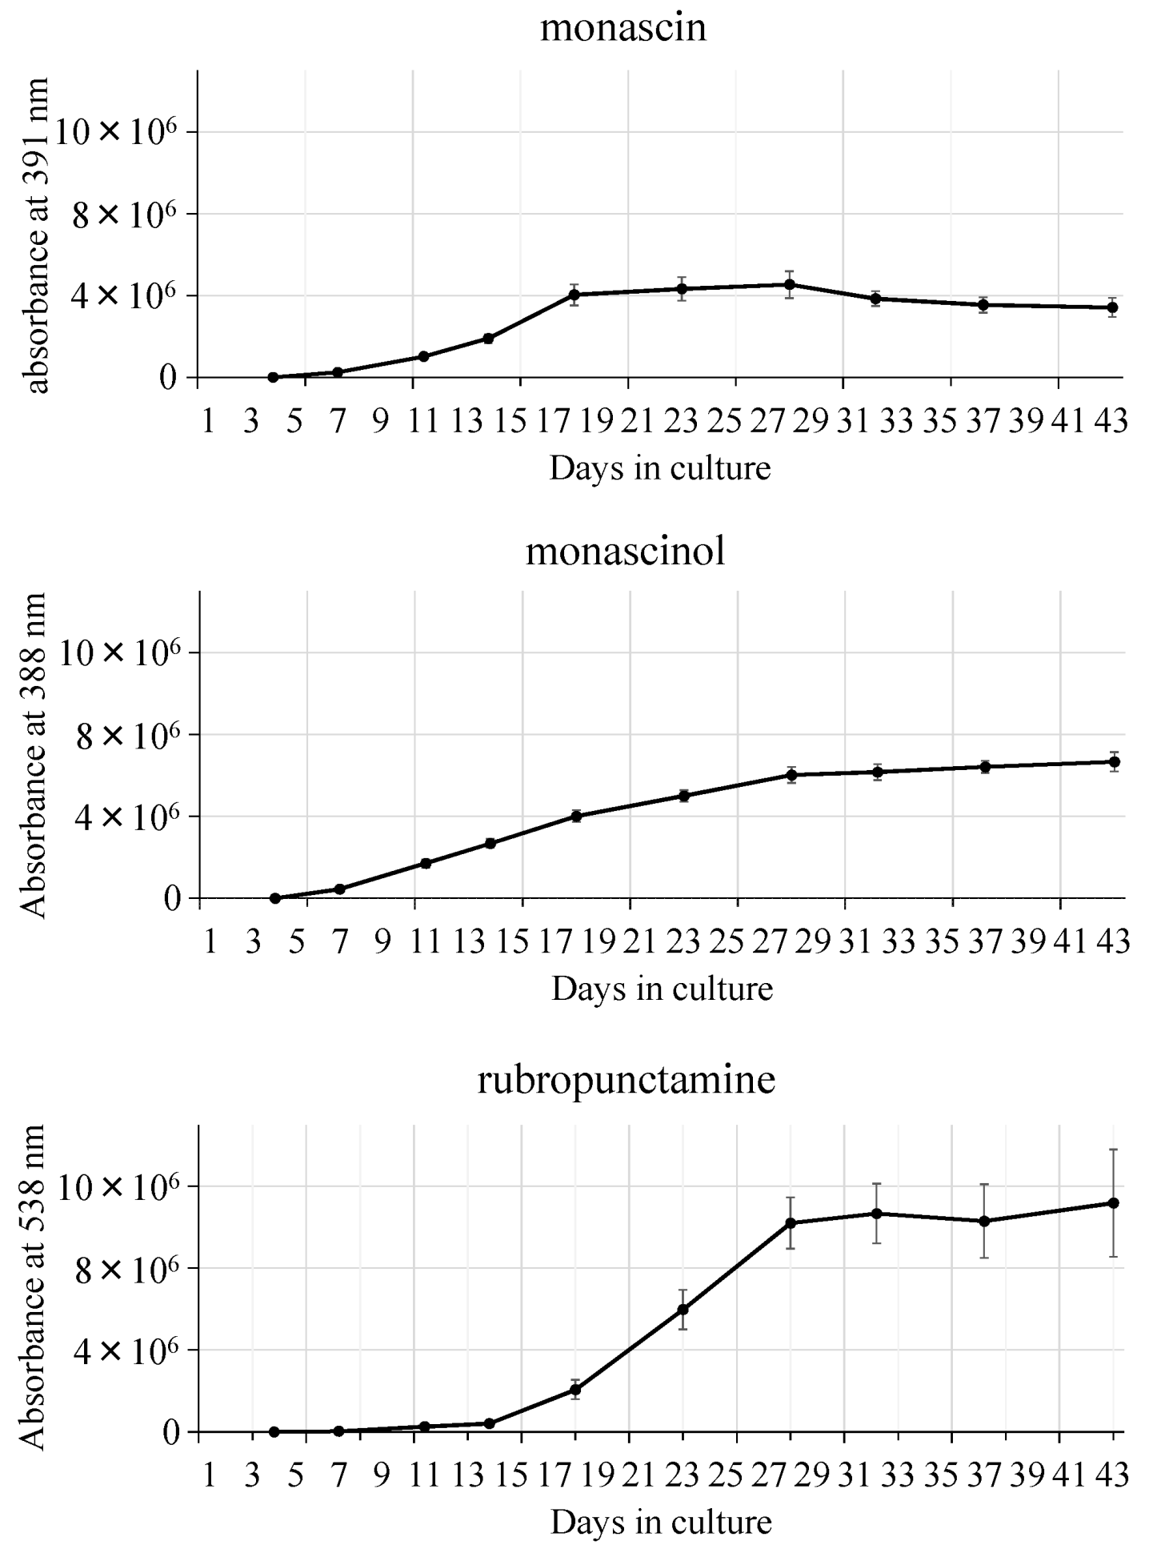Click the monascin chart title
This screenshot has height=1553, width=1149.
[623, 29]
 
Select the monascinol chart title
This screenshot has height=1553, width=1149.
[625, 552]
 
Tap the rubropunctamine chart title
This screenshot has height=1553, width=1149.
[626, 1079]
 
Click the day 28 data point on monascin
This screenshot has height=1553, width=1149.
[790, 284]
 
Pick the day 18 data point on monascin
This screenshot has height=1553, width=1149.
[574, 295]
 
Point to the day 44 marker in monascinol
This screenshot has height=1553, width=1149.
[1114, 761]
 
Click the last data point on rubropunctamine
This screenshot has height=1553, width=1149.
[1113, 1203]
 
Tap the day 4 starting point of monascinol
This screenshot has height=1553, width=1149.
[275, 898]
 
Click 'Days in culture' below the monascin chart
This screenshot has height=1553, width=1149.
[660, 468]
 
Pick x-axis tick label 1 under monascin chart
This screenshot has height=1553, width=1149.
[208, 419]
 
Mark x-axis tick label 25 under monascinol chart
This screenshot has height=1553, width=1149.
[727, 942]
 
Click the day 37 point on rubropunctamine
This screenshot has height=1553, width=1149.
[983, 1222]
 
